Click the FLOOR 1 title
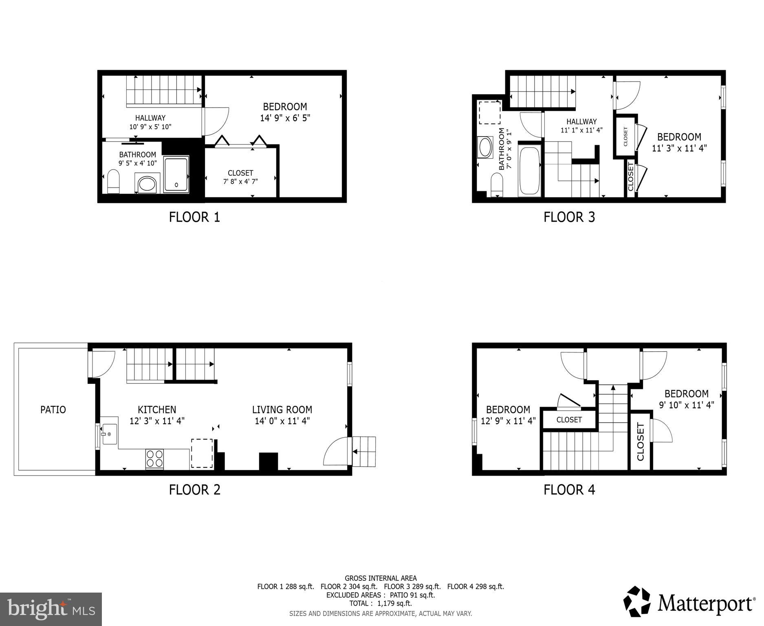194,217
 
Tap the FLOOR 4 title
569,489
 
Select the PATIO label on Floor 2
53,410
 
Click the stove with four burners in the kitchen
154,458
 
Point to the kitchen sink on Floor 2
109,434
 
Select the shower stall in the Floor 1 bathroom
176,175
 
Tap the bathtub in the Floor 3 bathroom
529,171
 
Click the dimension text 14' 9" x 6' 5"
285,118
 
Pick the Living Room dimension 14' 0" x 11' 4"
282,421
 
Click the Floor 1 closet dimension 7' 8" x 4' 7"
240,181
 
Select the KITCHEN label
157,410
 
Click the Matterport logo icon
637,602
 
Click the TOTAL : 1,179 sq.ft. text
380,603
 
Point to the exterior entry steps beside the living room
364,452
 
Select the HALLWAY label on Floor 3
581,121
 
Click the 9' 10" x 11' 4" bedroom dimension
686,405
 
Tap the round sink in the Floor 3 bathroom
485,147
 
